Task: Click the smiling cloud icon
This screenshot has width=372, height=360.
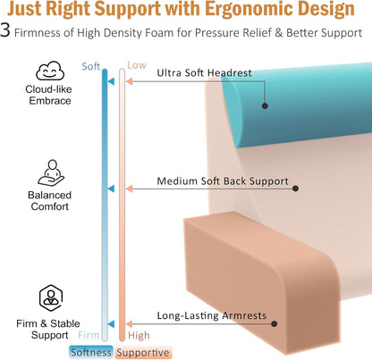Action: point(50,71)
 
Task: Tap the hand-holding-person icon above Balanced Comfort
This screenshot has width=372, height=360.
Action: point(51,173)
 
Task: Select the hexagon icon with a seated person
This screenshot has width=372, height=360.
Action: point(51,298)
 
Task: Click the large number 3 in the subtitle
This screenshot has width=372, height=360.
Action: point(5,31)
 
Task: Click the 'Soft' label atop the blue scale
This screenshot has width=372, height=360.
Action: point(91,66)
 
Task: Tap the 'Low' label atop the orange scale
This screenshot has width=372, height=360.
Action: point(137,65)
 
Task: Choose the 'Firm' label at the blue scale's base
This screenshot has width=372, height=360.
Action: point(89,335)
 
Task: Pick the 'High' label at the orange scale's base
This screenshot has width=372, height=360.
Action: point(139,336)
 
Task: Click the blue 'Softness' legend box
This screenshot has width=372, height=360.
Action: point(91,352)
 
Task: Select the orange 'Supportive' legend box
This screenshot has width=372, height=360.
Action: point(143,353)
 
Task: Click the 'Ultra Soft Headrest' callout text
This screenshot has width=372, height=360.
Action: point(205,73)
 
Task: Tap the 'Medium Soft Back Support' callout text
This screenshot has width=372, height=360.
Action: point(223,181)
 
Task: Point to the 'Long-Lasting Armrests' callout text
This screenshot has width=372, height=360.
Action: point(212,315)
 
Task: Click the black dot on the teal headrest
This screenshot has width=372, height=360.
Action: point(265,105)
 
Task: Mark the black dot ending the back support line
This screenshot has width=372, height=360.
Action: point(295,188)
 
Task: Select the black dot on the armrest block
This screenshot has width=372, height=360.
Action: point(275,323)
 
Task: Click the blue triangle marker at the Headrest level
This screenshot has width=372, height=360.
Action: point(111,81)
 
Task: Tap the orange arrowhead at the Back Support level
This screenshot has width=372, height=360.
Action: point(130,188)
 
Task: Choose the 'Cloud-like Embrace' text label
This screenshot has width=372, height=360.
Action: point(48,95)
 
